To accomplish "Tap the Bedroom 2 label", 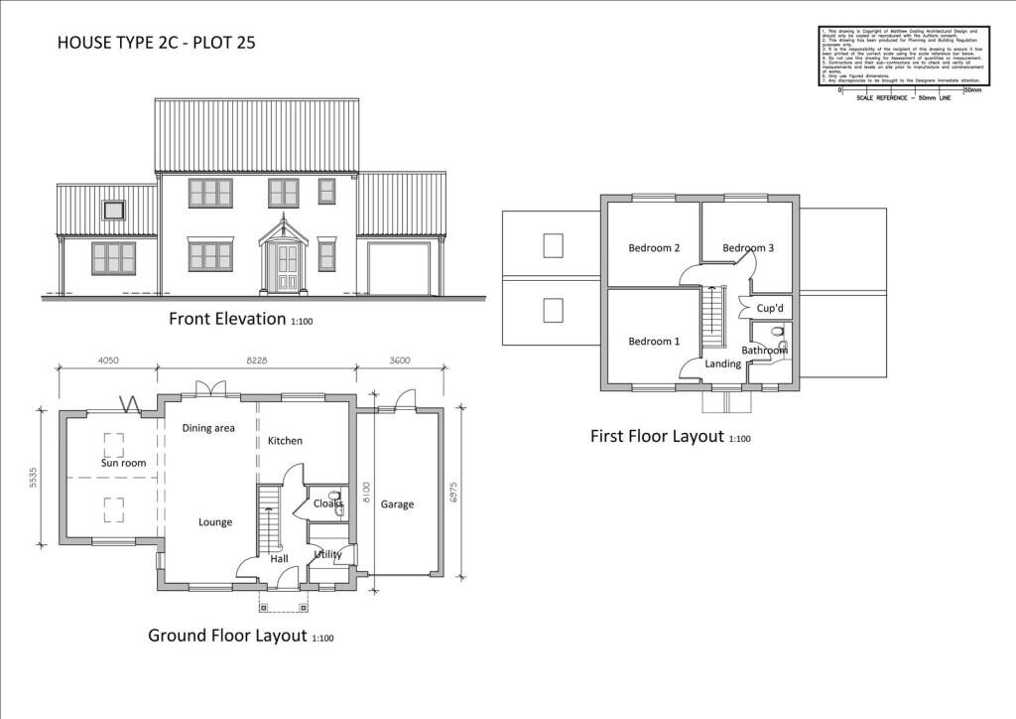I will (654, 248).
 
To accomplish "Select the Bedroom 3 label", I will (748, 248).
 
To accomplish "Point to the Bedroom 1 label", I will (654, 342).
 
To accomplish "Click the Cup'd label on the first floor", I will (771, 309).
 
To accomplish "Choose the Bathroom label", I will (764, 351).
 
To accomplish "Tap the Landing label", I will (722, 364).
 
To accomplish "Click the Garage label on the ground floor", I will (397, 504).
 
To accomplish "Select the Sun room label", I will (123, 464).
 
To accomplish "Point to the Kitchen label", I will (285, 441).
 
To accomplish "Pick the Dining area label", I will (208, 428).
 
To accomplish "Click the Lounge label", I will (215, 522).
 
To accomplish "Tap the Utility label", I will (327, 554).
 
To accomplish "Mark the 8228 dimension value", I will (257, 361).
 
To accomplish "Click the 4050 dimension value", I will (109, 361).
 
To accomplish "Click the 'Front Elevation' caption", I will (228, 320).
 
